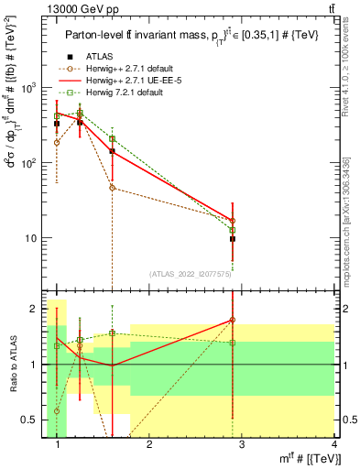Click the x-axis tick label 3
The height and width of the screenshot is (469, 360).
pos(243,445)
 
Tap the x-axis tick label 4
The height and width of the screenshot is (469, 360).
pos(335,445)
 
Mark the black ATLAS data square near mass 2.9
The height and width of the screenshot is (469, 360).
pos(233,238)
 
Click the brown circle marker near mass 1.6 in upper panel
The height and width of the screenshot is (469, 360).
pos(112,188)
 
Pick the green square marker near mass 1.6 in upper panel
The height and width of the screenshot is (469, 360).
pos(112,139)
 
